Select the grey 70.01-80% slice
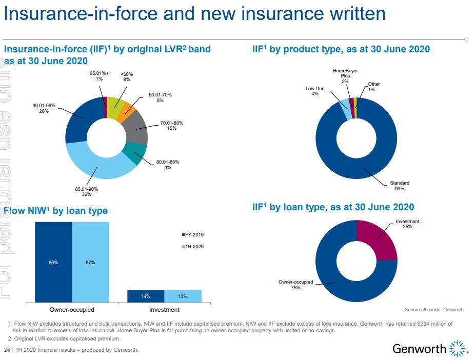tap(137, 129)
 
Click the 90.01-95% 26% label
tap(44, 108)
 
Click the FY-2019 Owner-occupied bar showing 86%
tap(53, 262)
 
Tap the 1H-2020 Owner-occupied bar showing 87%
tap(90, 262)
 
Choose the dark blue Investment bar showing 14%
tap(146, 296)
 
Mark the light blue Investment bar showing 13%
tap(183, 296)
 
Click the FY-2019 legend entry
tap(192, 235)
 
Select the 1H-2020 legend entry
tap(192, 247)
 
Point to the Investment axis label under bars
tap(164, 310)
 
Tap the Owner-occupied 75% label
tap(295, 285)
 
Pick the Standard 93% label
tap(400, 186)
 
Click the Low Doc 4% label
tap(315, 91)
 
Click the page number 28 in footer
tap(7, 350)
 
